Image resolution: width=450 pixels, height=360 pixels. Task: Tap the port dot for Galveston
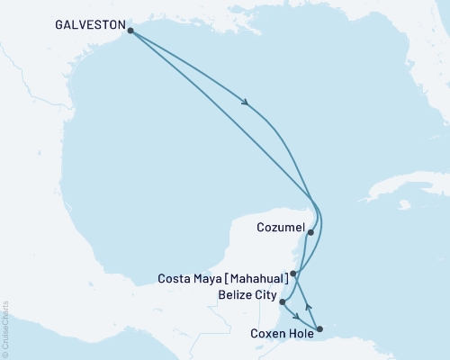(131, 31)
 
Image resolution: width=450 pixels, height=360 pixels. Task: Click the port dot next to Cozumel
(310, 232)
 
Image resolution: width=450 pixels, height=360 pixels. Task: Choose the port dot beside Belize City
(283, 302)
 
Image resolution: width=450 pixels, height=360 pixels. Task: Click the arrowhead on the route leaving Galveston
(246, 103)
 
